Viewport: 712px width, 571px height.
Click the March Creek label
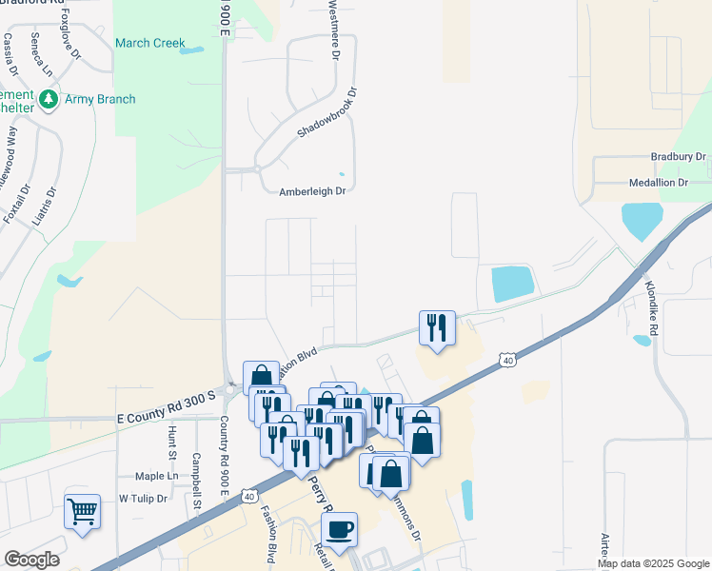pos(149,43)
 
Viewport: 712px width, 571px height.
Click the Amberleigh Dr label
pos(311,191)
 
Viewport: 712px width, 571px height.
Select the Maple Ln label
pos(156,475)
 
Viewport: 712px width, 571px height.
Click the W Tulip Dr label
pos(143,499)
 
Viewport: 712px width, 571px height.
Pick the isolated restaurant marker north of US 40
pos(437,328)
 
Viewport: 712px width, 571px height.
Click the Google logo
pos(31,560)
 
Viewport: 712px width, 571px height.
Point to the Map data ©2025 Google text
pos(653,563)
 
